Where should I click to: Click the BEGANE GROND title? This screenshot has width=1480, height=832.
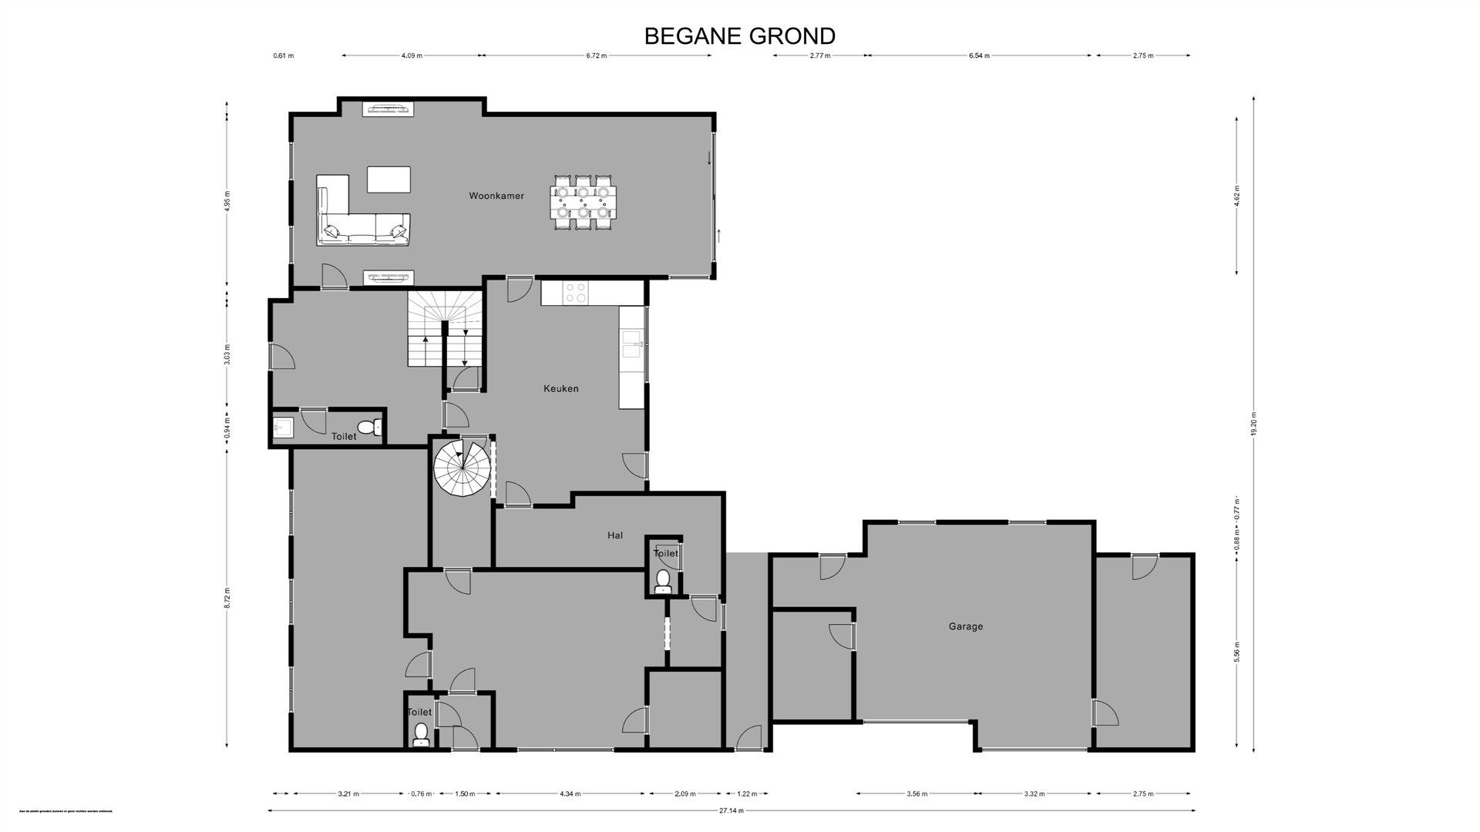tap(739, 36)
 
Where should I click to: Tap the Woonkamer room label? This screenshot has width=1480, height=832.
tap(496, 196)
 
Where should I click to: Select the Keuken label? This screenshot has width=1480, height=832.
tap(560, 388)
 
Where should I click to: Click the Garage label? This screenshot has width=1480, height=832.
tap(965, 626)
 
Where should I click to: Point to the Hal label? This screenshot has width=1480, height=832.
tap(614, 535)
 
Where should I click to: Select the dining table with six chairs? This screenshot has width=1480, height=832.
tap(584, 203)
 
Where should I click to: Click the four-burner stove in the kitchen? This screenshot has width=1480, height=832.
tap(575, 292)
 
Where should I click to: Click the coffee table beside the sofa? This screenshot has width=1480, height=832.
tap(388, 179)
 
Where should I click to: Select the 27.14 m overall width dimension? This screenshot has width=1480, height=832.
tap(732, 810)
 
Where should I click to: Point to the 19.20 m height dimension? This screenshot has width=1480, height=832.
tap(1254, 423)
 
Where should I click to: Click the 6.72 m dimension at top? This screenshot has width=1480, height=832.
tap(597, 55)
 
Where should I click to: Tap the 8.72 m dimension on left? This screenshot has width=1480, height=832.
tap(227, 598)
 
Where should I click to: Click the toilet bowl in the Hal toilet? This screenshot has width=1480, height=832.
tap(662, 580)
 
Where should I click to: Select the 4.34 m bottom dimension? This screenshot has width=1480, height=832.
tap(570, 793)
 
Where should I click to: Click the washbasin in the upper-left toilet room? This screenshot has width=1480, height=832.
tap(281, 426)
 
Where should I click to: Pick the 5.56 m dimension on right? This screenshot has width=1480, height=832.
tap(1236, 652)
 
